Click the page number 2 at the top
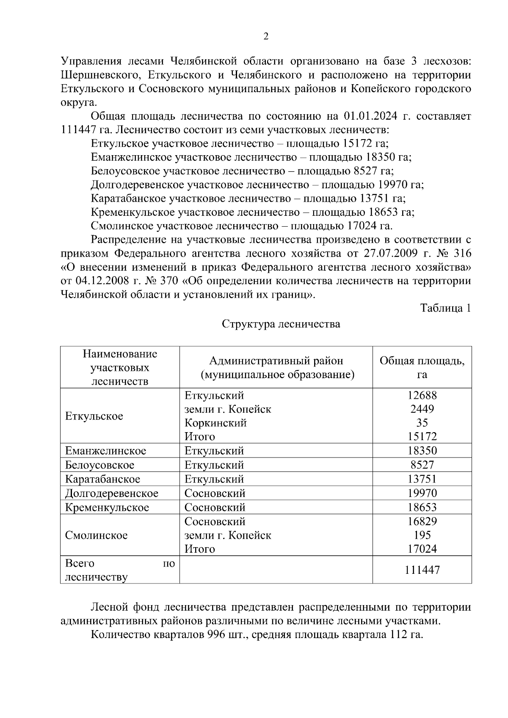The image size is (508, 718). click(x=266, y=36)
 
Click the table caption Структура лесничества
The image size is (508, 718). click(x=281, y=324)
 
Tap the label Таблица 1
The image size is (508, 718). click(x=445, y=308)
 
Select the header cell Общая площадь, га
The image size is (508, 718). click(x=422, y=367)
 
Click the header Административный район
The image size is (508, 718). click(x=276, y=361)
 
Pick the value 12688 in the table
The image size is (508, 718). click(x=422, y=395)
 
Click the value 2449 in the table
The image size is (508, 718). click(x=422, y=409)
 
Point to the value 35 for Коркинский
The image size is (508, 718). click(x=422, y=422)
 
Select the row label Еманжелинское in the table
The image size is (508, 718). click(x=105, y=451)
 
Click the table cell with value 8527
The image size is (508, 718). click(x=422, y=465)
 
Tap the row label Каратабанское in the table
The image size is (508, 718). click(x=102, y=479)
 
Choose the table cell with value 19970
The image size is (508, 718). click(x=422, y=493)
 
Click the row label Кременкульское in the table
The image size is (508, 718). click(x=107, y=507)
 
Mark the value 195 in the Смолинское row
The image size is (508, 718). click(x=422, y=535)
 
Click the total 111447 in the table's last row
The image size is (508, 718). click(x=422, y=570)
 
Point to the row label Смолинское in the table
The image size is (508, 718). click(x=96, y=535)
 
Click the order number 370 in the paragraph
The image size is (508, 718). click(x=167, y=281)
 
